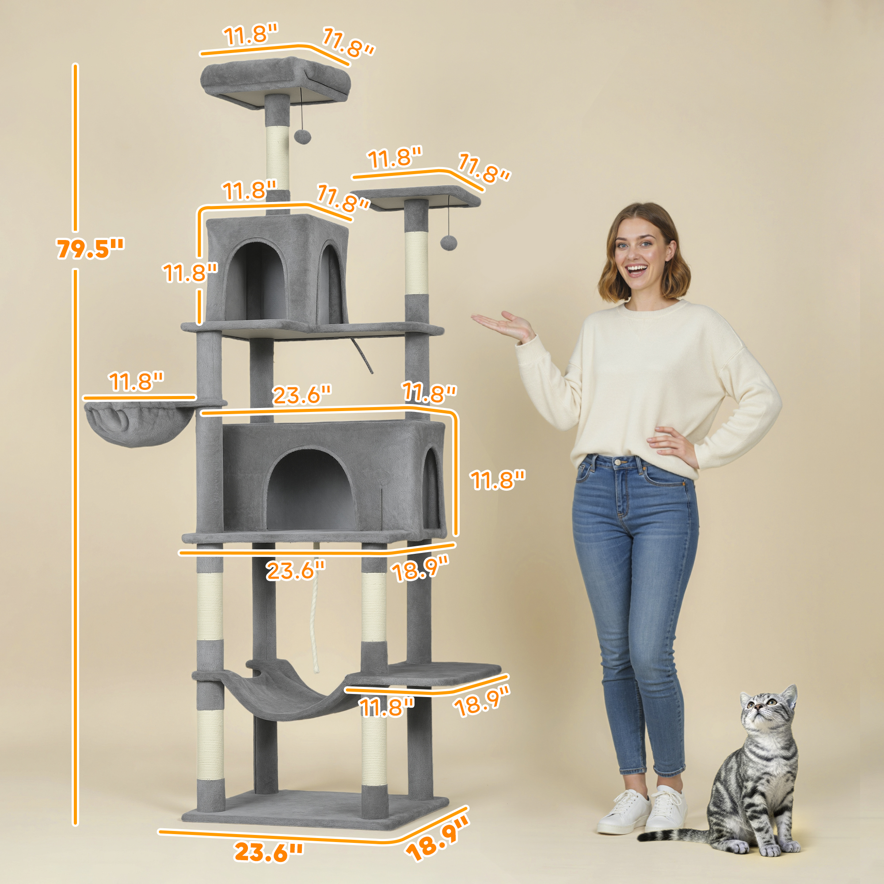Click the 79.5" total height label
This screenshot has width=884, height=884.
coord(90,248)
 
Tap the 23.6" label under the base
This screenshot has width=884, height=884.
coord(269,852)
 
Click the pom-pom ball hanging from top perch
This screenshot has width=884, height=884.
coord(300,135)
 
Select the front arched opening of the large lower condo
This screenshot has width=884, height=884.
coord(311,490)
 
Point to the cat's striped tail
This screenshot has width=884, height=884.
coord(686,835)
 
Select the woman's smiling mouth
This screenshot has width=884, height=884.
coord(637,270)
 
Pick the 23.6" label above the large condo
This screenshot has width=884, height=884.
coord(301,395)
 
